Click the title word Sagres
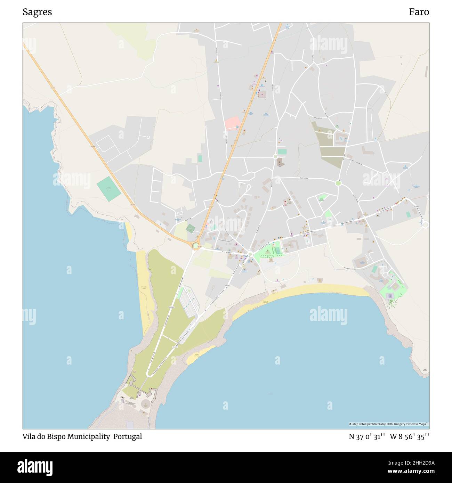37,12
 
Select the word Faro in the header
419,12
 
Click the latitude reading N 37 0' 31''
366,436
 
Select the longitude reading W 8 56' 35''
409,436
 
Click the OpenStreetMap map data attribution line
389,424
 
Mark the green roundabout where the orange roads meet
196,246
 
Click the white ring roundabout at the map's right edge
425,225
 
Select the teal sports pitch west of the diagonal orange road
109,189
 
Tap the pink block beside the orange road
232,123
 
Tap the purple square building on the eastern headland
390,296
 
